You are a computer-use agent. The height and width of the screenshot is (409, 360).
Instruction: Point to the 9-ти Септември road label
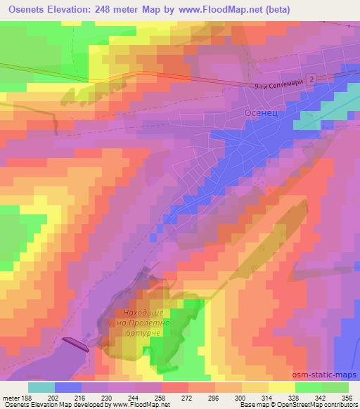coord(279,86)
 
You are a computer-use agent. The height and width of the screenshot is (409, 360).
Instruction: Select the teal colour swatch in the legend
coord(41,387)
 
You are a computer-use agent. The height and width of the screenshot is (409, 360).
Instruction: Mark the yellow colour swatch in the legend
coord(281,387)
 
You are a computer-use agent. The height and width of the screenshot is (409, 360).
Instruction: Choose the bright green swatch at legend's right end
coord(335,387)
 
